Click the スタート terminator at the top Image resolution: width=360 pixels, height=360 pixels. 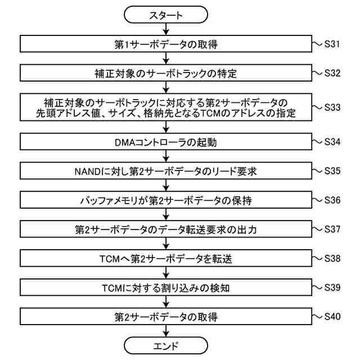[x=165, y=16]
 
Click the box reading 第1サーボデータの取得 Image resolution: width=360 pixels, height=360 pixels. [x=165, y=44]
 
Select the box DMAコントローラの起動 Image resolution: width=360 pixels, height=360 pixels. [x=165, y=143]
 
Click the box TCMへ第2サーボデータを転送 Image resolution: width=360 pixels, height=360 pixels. [x=165, y=259]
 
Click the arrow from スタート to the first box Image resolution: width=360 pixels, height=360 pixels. [x=165, y=30]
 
